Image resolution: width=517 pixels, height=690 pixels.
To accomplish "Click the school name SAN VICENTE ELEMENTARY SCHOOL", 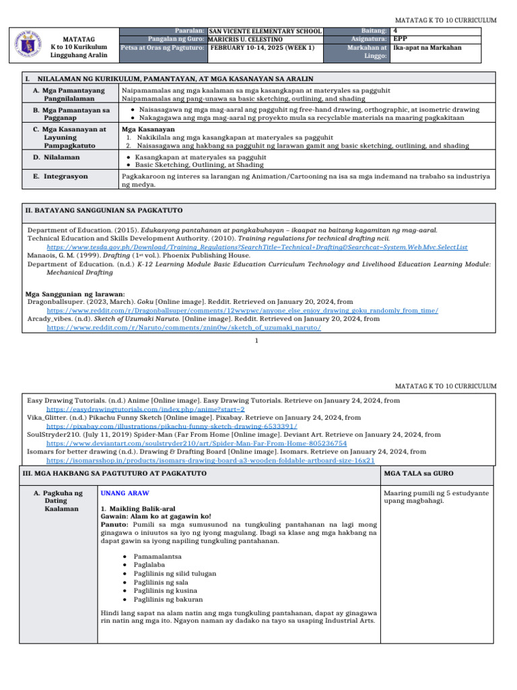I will (x=265, y=31).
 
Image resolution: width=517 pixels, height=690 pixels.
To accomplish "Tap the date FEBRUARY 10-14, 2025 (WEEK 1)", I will (x=262, y=48).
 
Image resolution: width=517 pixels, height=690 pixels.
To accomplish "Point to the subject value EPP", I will (x=400, y=39).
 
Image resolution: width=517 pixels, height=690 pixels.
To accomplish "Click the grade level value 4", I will (x=395, y=31).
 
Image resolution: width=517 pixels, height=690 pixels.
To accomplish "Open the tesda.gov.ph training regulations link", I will (x=256, y=247).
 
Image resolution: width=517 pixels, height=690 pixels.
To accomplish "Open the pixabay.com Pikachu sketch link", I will (x=171, y=427).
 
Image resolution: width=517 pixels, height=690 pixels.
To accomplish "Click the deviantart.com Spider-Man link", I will (x=196, y=444).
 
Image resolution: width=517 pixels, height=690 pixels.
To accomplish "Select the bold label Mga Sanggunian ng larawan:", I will (x=75, y=294).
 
